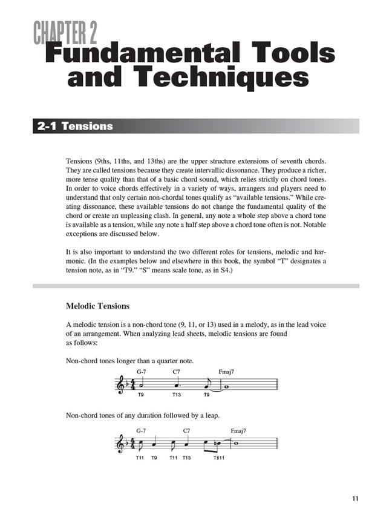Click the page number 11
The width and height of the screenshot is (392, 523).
(x=354, y=499)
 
